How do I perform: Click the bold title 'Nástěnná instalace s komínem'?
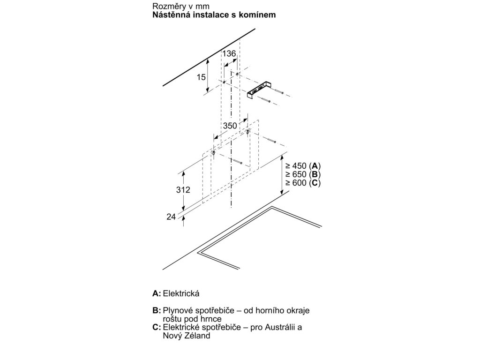click(214, 15)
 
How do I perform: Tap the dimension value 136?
click(229, 54)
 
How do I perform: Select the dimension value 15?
click(201, 77)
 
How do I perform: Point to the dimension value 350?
click(230, 126)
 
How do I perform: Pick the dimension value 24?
click(171, 217)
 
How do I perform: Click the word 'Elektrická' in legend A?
click(181, 293)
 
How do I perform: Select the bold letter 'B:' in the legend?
click(157, 311)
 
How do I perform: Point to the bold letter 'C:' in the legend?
click(157, 327)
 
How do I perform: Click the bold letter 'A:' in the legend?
click(157, 293)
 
